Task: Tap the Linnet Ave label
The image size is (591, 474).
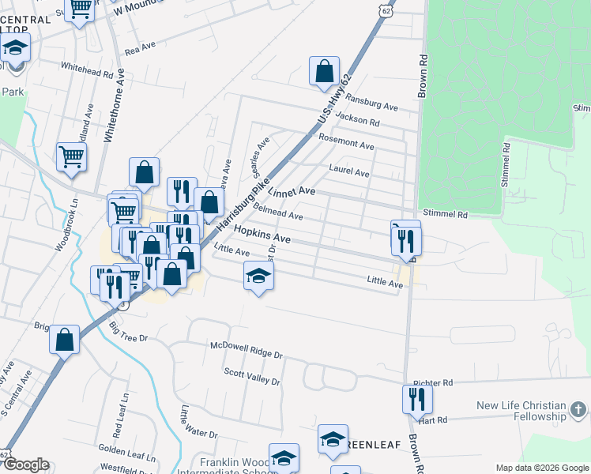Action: [x=292, y=192]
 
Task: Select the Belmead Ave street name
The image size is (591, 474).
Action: [x=277, y=211]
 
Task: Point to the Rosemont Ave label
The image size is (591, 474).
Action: [x=346, y=142]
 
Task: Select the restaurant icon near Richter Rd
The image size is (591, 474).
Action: [x=416, y=399]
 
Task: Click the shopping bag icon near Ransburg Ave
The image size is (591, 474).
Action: [x=324, y=71]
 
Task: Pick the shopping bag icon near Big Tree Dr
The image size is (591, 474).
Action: [x=65, y=340]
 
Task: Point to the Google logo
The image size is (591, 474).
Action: [x=26, y=465]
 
